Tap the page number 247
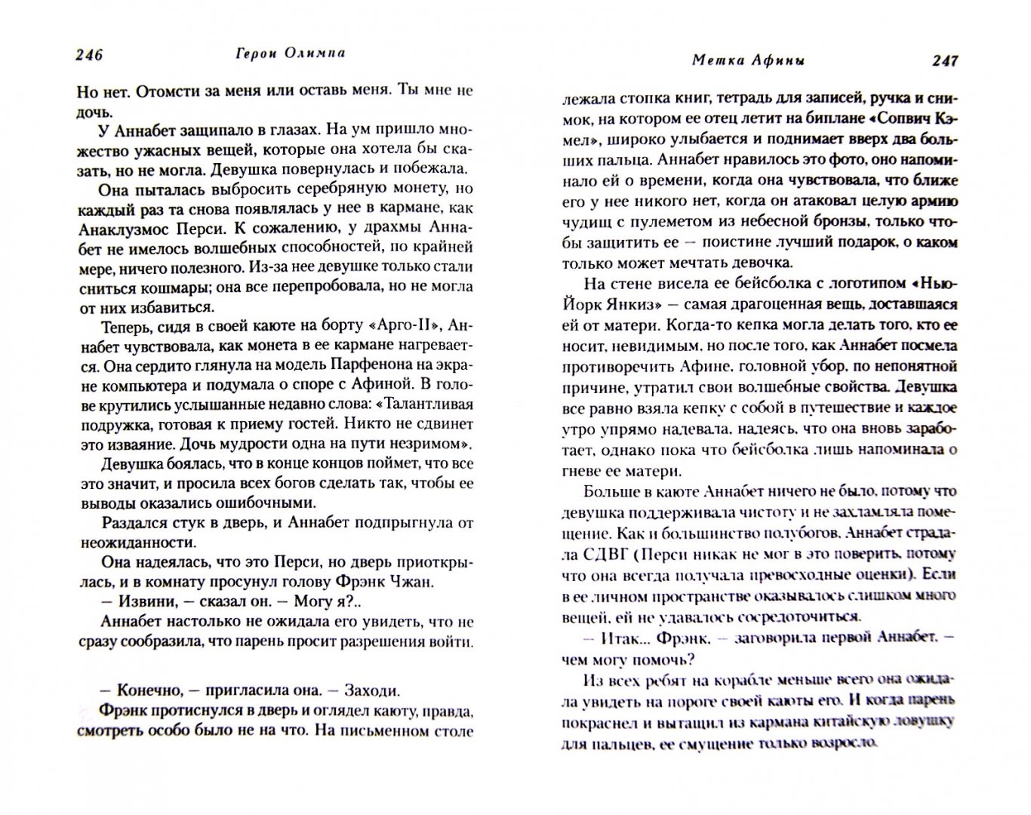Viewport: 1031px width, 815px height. point(944,60)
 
